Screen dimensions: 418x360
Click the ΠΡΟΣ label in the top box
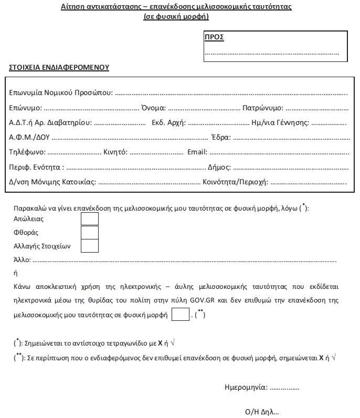tap(214, 37)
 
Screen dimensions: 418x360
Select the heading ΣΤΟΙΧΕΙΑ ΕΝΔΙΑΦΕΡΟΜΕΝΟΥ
tap(59, 68)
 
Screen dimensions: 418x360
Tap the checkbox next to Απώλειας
tap(90, 219)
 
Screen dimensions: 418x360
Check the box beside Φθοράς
tap(90, 233)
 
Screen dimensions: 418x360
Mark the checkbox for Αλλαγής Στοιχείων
tap(90, 246)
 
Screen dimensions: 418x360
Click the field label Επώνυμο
tap(25, 108)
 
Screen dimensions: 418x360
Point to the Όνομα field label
tap(153, 108)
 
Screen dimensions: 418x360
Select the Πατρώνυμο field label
tap(262, 108)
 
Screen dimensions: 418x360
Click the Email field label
tap(197, 152)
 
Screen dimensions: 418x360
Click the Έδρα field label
tap(221, 138)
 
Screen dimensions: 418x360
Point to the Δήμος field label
tap(219, 168)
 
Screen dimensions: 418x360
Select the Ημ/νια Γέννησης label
tap(280, 123)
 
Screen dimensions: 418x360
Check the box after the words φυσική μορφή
tap(180, 315)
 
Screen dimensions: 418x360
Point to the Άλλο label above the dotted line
tap(22, 260)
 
